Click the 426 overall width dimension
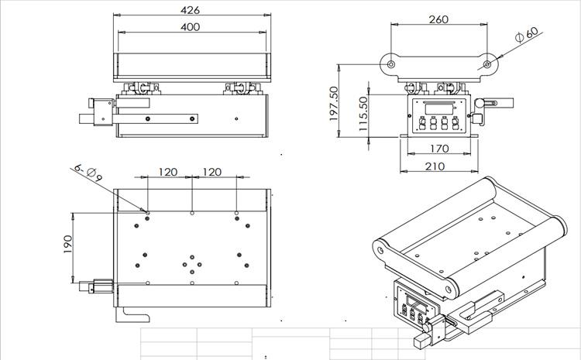pos(191,10)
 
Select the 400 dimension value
pos(191,27)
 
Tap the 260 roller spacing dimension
pos(438,19)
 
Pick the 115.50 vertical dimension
pos(364,115)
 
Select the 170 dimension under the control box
pos(438,148)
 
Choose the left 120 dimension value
pos(168,172)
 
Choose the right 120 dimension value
pos(211,172)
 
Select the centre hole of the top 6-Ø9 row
pos(192,212)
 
